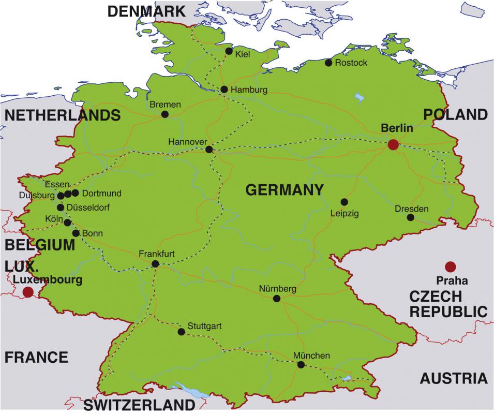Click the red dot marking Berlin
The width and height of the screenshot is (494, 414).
[393, 144]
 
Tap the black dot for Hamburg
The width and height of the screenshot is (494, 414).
[224, 90]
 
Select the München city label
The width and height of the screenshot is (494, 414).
[311, 356]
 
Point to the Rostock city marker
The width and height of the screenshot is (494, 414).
[328, 63]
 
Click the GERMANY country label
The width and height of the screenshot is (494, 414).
[285, 190]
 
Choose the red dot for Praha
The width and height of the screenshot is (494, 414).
[451, 267]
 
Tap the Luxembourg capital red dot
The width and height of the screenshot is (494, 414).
[28, 292]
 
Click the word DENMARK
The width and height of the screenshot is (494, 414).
[146, 11]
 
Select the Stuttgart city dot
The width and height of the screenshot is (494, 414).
[181, 332]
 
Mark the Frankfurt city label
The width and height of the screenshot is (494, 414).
[157, 254]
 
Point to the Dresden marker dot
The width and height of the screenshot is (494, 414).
[411, 217]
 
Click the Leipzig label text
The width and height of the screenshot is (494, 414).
[344, 213]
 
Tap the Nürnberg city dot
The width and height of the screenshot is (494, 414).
[277, 299]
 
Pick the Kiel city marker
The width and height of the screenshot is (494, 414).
[229, 51]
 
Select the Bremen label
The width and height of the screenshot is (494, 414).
[165, 105]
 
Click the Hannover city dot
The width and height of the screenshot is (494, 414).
[209, 150]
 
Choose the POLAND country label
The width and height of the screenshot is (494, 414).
[456, 114]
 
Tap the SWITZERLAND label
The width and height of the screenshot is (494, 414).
[139, 404]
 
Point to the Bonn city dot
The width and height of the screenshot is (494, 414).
[76, 233]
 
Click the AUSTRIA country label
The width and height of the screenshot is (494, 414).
[453, 378]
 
